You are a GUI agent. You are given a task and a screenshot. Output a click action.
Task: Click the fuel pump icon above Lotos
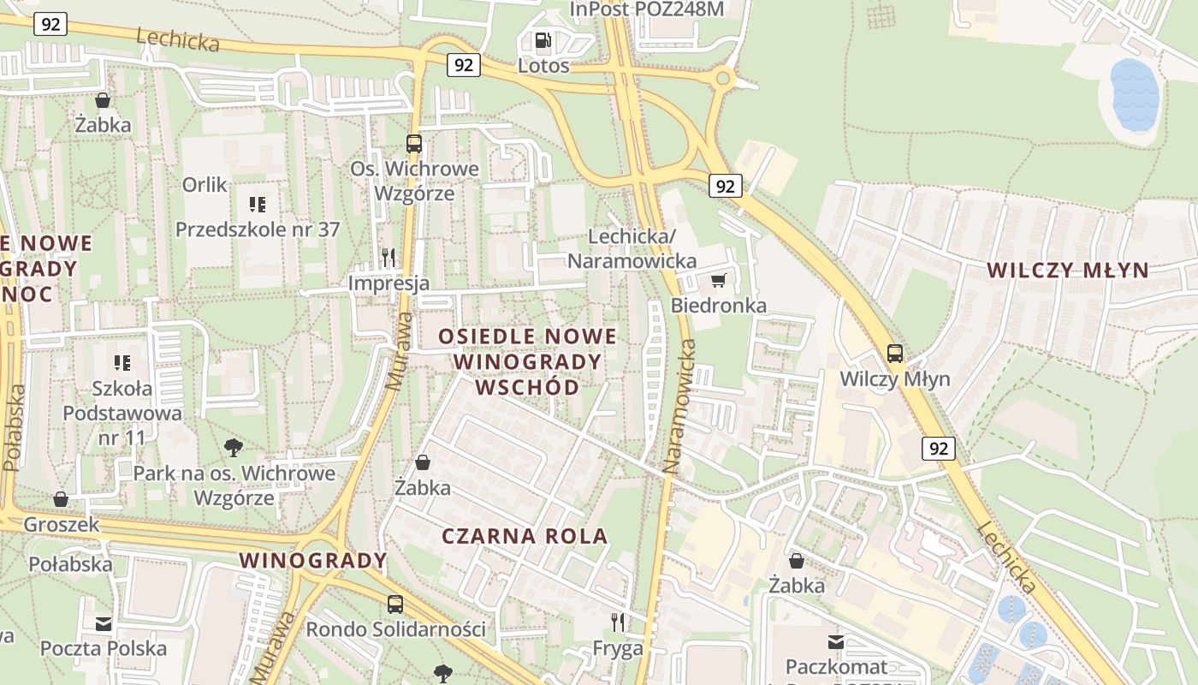point(543,40)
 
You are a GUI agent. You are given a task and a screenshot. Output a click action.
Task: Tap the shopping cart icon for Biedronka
point(719,280)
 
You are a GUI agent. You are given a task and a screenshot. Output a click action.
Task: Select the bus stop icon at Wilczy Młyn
point(895,353)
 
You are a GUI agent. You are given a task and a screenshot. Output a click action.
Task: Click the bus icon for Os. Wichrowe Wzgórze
point(414,143)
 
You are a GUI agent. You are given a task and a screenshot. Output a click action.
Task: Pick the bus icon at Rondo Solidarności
point(395,604)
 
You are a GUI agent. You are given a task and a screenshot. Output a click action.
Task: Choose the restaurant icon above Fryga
point(618,622)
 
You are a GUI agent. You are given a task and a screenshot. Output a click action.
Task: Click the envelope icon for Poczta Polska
point(104,623)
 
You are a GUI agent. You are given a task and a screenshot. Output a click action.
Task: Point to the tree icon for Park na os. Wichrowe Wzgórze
point(233,447)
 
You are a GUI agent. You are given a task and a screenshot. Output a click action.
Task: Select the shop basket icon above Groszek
point(61,498)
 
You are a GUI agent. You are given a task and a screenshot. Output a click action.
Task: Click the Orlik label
point(205,184)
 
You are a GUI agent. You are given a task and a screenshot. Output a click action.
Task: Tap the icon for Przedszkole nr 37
point(257,204)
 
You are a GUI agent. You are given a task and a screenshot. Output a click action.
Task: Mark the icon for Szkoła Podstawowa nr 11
point(122,362)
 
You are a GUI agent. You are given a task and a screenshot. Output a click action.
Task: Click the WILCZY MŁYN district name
point(1067,270)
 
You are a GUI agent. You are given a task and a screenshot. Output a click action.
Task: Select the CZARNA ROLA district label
point(525,536)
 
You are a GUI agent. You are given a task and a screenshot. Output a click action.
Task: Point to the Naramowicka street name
point(679,407)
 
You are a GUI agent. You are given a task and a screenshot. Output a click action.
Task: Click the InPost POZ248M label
point(647,9)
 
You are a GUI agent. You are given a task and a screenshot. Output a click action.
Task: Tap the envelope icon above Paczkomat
point(836,641)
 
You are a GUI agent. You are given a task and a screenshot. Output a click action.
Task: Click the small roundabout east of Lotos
point(723,80)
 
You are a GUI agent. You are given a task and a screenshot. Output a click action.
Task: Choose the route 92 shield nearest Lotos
point(463,65)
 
